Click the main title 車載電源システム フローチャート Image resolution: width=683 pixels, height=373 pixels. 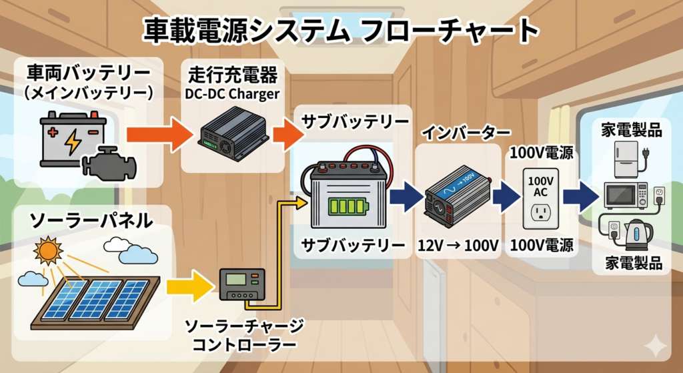tap(341, 30)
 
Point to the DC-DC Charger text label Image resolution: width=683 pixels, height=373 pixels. tap(231, 93)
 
